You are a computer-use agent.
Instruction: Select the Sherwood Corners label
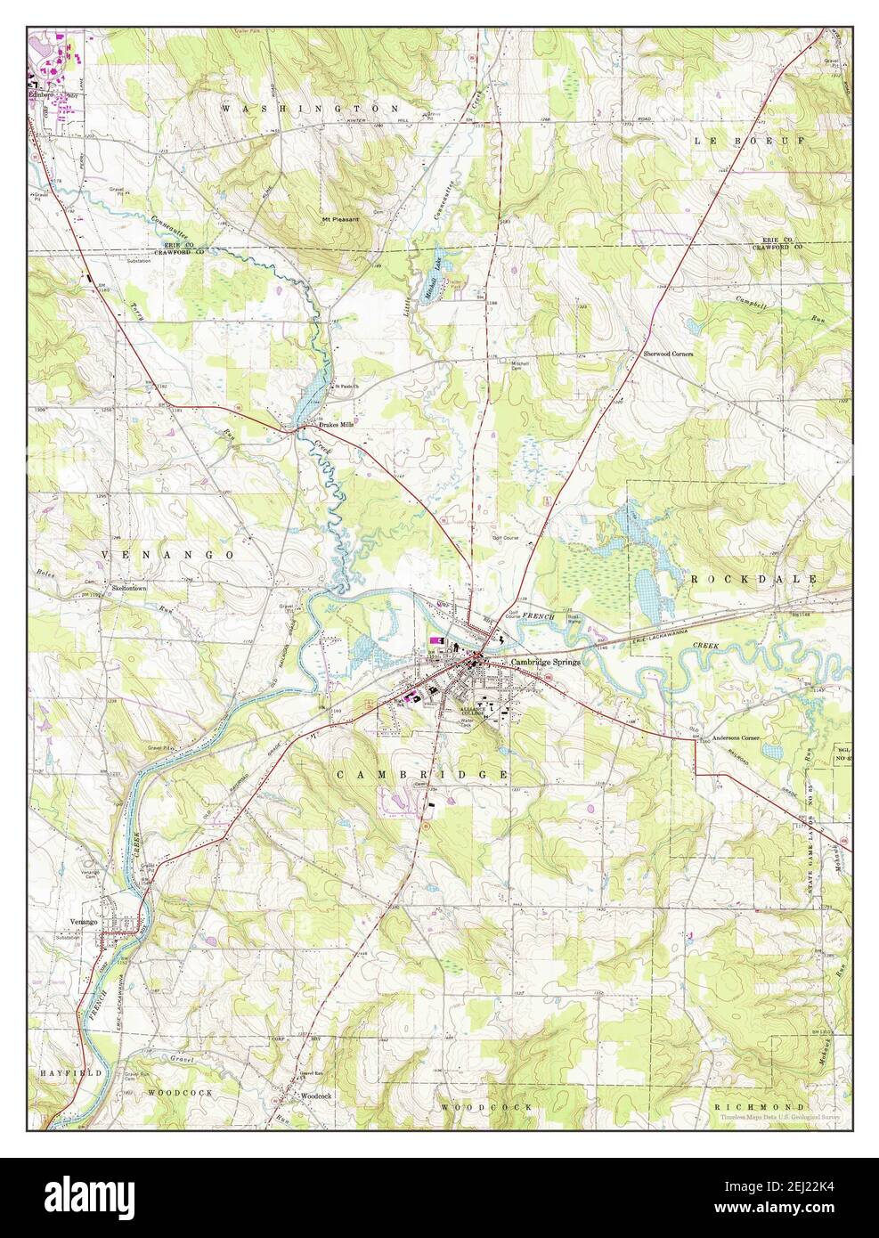click(668, 354)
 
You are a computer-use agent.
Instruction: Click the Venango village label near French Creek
click(82, 923)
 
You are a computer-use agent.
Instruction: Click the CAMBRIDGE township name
click(422, 775)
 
